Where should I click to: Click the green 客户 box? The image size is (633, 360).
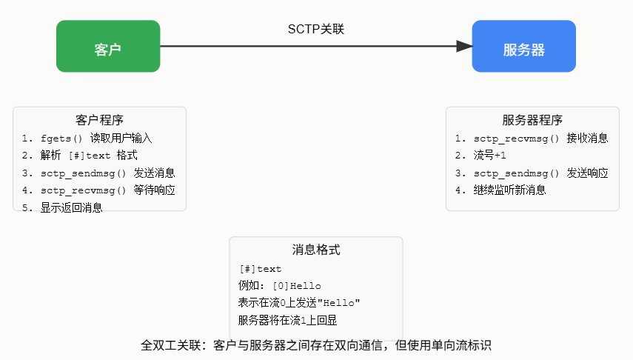click(108, 47)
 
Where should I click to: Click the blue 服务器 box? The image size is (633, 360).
click(523, 47)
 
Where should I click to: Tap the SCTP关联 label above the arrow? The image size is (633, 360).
click(316, 29)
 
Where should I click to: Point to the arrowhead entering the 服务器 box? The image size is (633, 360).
click(464, 47)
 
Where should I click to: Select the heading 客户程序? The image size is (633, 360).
click(99, 120)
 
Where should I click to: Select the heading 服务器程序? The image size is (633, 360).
click(532, 120)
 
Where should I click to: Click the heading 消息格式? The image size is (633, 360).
click(316, 250)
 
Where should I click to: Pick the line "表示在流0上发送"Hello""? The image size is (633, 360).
click(298, 303)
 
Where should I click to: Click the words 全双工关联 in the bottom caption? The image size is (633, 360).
click(170, 345)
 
